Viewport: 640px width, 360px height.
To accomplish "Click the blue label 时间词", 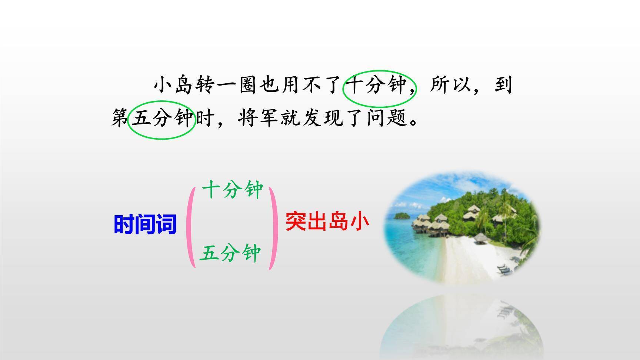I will coord(145,224).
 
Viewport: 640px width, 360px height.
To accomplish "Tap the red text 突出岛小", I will coord(327,221).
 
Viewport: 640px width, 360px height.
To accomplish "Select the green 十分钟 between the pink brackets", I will coord(233,190).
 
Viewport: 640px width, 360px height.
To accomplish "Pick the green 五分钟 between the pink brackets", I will coord(230,254).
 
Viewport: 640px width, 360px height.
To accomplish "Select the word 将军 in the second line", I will coord(259,119).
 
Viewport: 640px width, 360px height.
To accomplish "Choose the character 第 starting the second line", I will coord(120,119).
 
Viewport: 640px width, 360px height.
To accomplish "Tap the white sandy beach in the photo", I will coord(467,259).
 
